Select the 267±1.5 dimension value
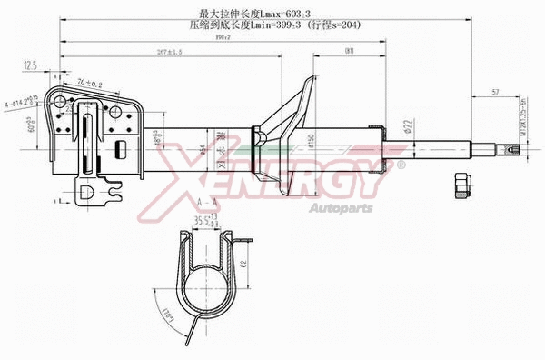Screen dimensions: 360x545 pos(169,52)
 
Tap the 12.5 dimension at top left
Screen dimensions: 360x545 pos(29,65)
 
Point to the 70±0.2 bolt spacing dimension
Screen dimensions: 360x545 pos(89,83)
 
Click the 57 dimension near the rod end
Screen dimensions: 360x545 pos(495,92)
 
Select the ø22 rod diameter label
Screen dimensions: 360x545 pos(409,126)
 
